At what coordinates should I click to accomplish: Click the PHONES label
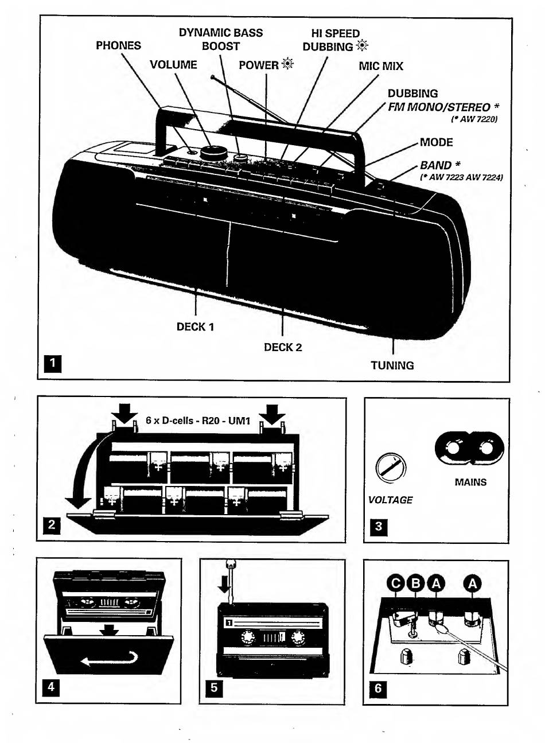click(118, 45)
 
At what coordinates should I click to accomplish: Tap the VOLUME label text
click(173, 65)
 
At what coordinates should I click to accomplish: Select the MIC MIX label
click(381, 66)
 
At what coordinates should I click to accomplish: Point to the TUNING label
click(392, 365)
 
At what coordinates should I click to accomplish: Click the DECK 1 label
click(196, 327)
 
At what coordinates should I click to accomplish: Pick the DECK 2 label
click(283, 347)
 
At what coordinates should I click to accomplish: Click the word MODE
click(436, 142)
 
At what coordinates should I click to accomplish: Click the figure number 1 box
click(52, 364)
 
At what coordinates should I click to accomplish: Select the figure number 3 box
click(379, 526)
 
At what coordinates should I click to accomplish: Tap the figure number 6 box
click(378, 687)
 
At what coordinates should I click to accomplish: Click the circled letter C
click(396, 583)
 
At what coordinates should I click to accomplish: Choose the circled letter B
click(416, 583)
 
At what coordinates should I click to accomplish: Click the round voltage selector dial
click(391, 467)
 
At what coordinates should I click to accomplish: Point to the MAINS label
click(470, 482)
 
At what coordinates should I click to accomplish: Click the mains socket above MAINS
click(469, 449)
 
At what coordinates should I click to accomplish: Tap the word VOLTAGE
click(391, 500)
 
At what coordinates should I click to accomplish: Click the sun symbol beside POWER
click(287, 64)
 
